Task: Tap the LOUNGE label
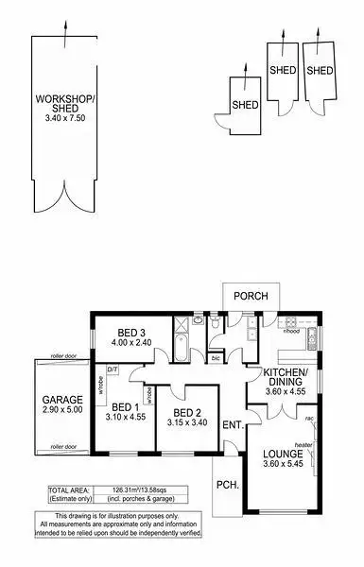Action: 282,454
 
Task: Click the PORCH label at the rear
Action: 252,297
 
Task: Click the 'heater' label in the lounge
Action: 303,445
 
